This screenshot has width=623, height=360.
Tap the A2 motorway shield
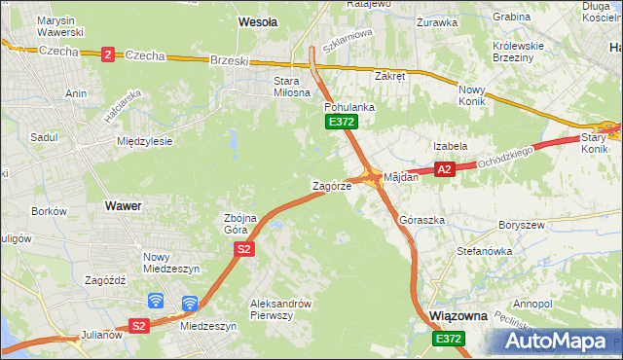444,169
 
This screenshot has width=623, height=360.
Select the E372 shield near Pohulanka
341,122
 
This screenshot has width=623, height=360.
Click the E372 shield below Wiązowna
449,338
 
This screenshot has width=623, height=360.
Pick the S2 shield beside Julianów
139,326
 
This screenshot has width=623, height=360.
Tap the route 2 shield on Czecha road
106,54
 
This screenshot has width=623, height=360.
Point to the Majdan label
401,178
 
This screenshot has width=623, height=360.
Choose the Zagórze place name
331,185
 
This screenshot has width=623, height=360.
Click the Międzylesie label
144,141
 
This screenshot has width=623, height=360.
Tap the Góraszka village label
421,221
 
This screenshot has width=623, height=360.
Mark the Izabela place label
451,146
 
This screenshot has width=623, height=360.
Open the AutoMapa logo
555,341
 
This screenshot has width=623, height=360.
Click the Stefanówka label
485,251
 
